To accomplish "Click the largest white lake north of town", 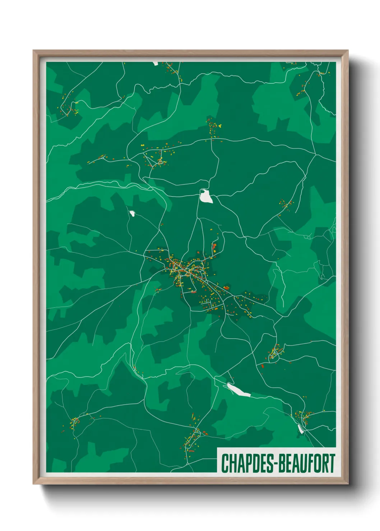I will tap(206, 196).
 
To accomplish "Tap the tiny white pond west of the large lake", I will tap(132, 214).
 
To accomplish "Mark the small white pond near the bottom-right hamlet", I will tap(301, 429).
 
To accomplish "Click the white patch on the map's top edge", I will tap(156, 64).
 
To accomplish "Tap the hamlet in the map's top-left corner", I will tap(69, 108).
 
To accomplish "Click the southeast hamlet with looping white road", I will tap(275, 352).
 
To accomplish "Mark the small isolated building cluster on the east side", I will tap(286, 205).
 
